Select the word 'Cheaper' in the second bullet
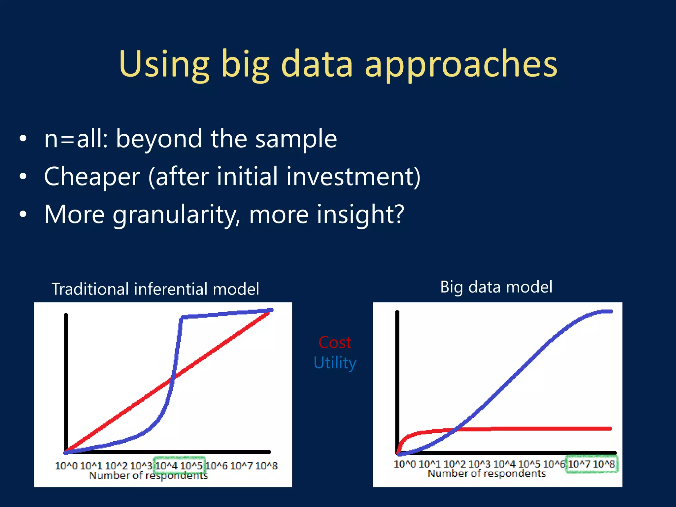[x=92, y=177]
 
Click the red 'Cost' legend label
[x=335, y=342]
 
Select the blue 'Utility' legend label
[x=335, y=362]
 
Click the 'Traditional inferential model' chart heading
[x=155, y=289]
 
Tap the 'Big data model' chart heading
[x=496, y=287]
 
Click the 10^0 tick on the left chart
[x=66, y=466]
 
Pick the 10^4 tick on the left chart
[x=166, y=466]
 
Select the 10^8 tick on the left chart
[x=266, y=466]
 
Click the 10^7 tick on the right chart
[x=579, y=464]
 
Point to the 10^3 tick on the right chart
[x=479, y=464]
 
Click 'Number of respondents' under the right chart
[x=487, y=474]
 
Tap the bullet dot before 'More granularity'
[x=22, y=215]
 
